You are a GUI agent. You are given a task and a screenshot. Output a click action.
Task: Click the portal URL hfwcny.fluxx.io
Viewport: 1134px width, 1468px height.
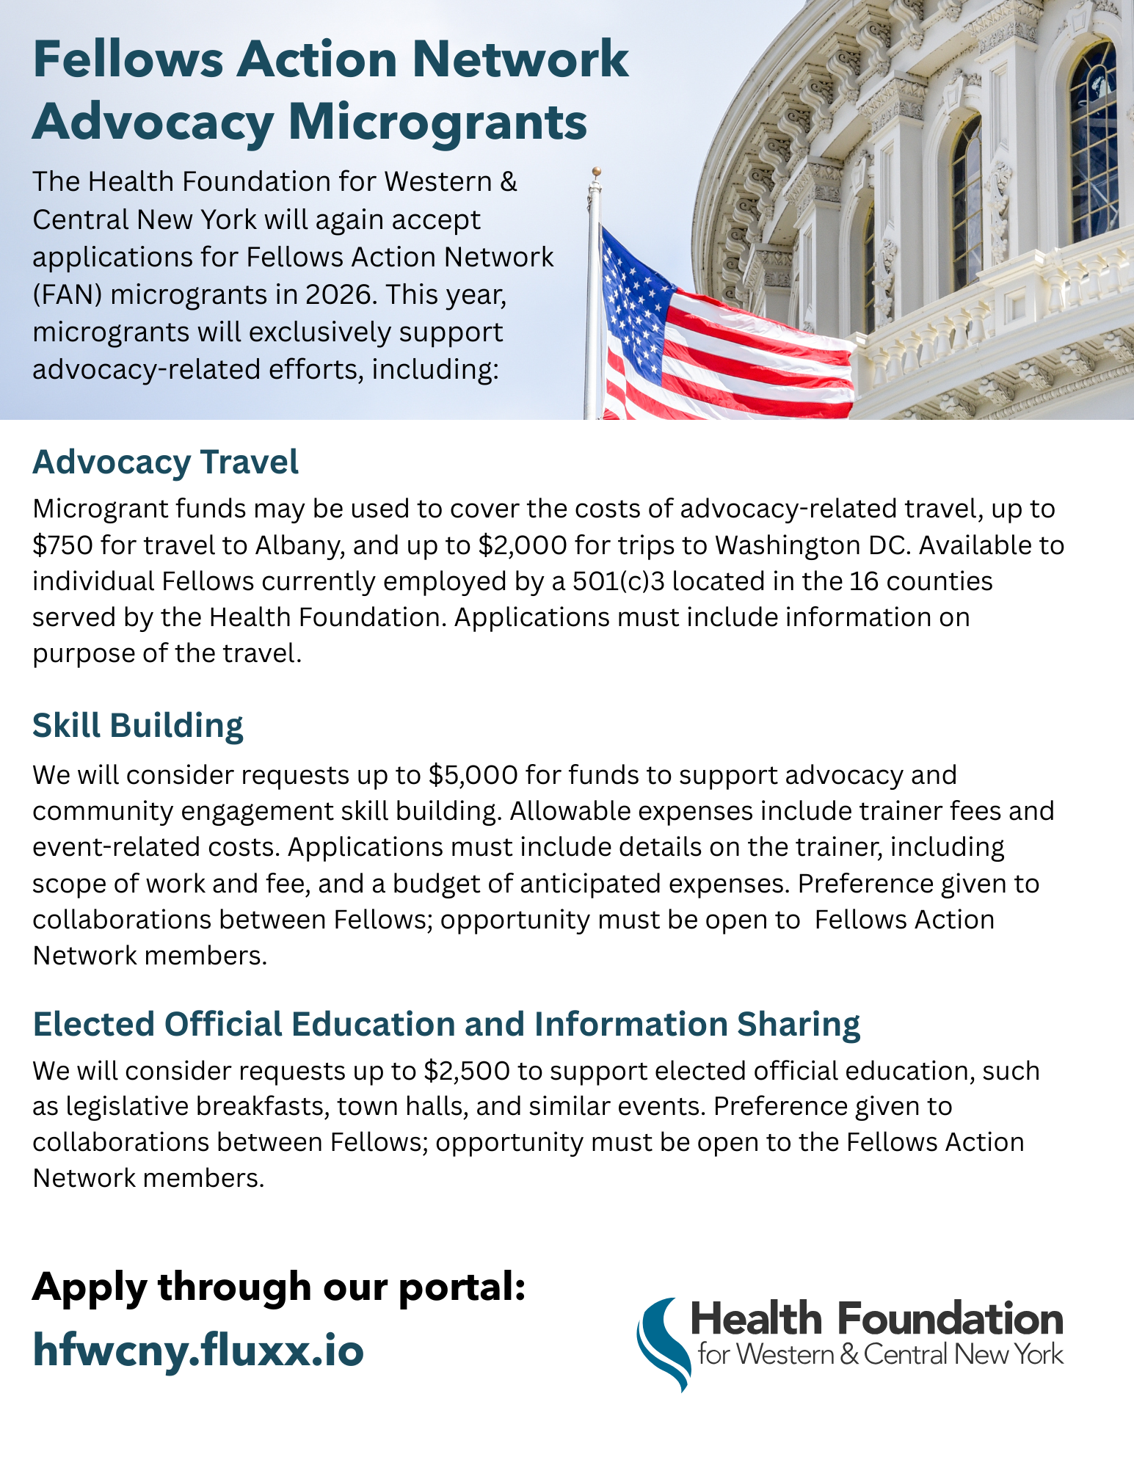pyautogui.click(x=198, y=1351)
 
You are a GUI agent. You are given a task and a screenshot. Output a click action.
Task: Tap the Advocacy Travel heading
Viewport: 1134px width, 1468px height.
pyautogui.click(x=165, y=462)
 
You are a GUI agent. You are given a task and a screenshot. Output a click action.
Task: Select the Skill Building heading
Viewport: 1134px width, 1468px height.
pyautogui.click(x=137, y=725)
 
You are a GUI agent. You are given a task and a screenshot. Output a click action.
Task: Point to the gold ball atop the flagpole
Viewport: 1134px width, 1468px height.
pyautogui.click(x=597, y=171)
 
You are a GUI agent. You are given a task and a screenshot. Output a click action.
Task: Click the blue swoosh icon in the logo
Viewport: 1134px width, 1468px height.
pyautogui.click(x=663, y=1344)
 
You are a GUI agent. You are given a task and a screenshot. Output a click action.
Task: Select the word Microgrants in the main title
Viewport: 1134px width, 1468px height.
pyautogui.click(x=438, y=122)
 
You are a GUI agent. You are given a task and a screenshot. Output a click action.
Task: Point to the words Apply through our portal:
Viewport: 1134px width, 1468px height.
pyautogui.click(x=279, y=1287)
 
